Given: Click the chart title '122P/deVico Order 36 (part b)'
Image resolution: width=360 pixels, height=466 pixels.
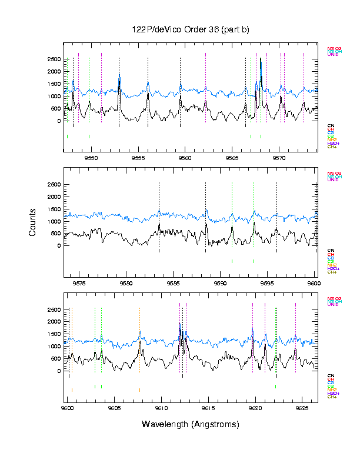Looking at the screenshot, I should click(191, 30).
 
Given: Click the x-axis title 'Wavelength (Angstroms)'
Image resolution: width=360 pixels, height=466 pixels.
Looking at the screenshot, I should click(191, 424).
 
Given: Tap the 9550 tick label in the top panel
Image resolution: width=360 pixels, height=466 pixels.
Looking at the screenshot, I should click(91, 158).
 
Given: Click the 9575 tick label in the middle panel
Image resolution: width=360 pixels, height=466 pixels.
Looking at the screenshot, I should click(79, 283).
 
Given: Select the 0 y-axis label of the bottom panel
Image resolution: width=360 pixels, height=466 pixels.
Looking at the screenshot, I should click(59, 371).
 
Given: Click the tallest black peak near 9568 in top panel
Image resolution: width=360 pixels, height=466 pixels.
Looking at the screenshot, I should click(261, 59).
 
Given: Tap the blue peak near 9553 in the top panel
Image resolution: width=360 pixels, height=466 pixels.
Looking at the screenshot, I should click(119, 75).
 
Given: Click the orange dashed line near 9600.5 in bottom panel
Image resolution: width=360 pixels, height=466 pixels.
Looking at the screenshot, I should click(72, 341).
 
